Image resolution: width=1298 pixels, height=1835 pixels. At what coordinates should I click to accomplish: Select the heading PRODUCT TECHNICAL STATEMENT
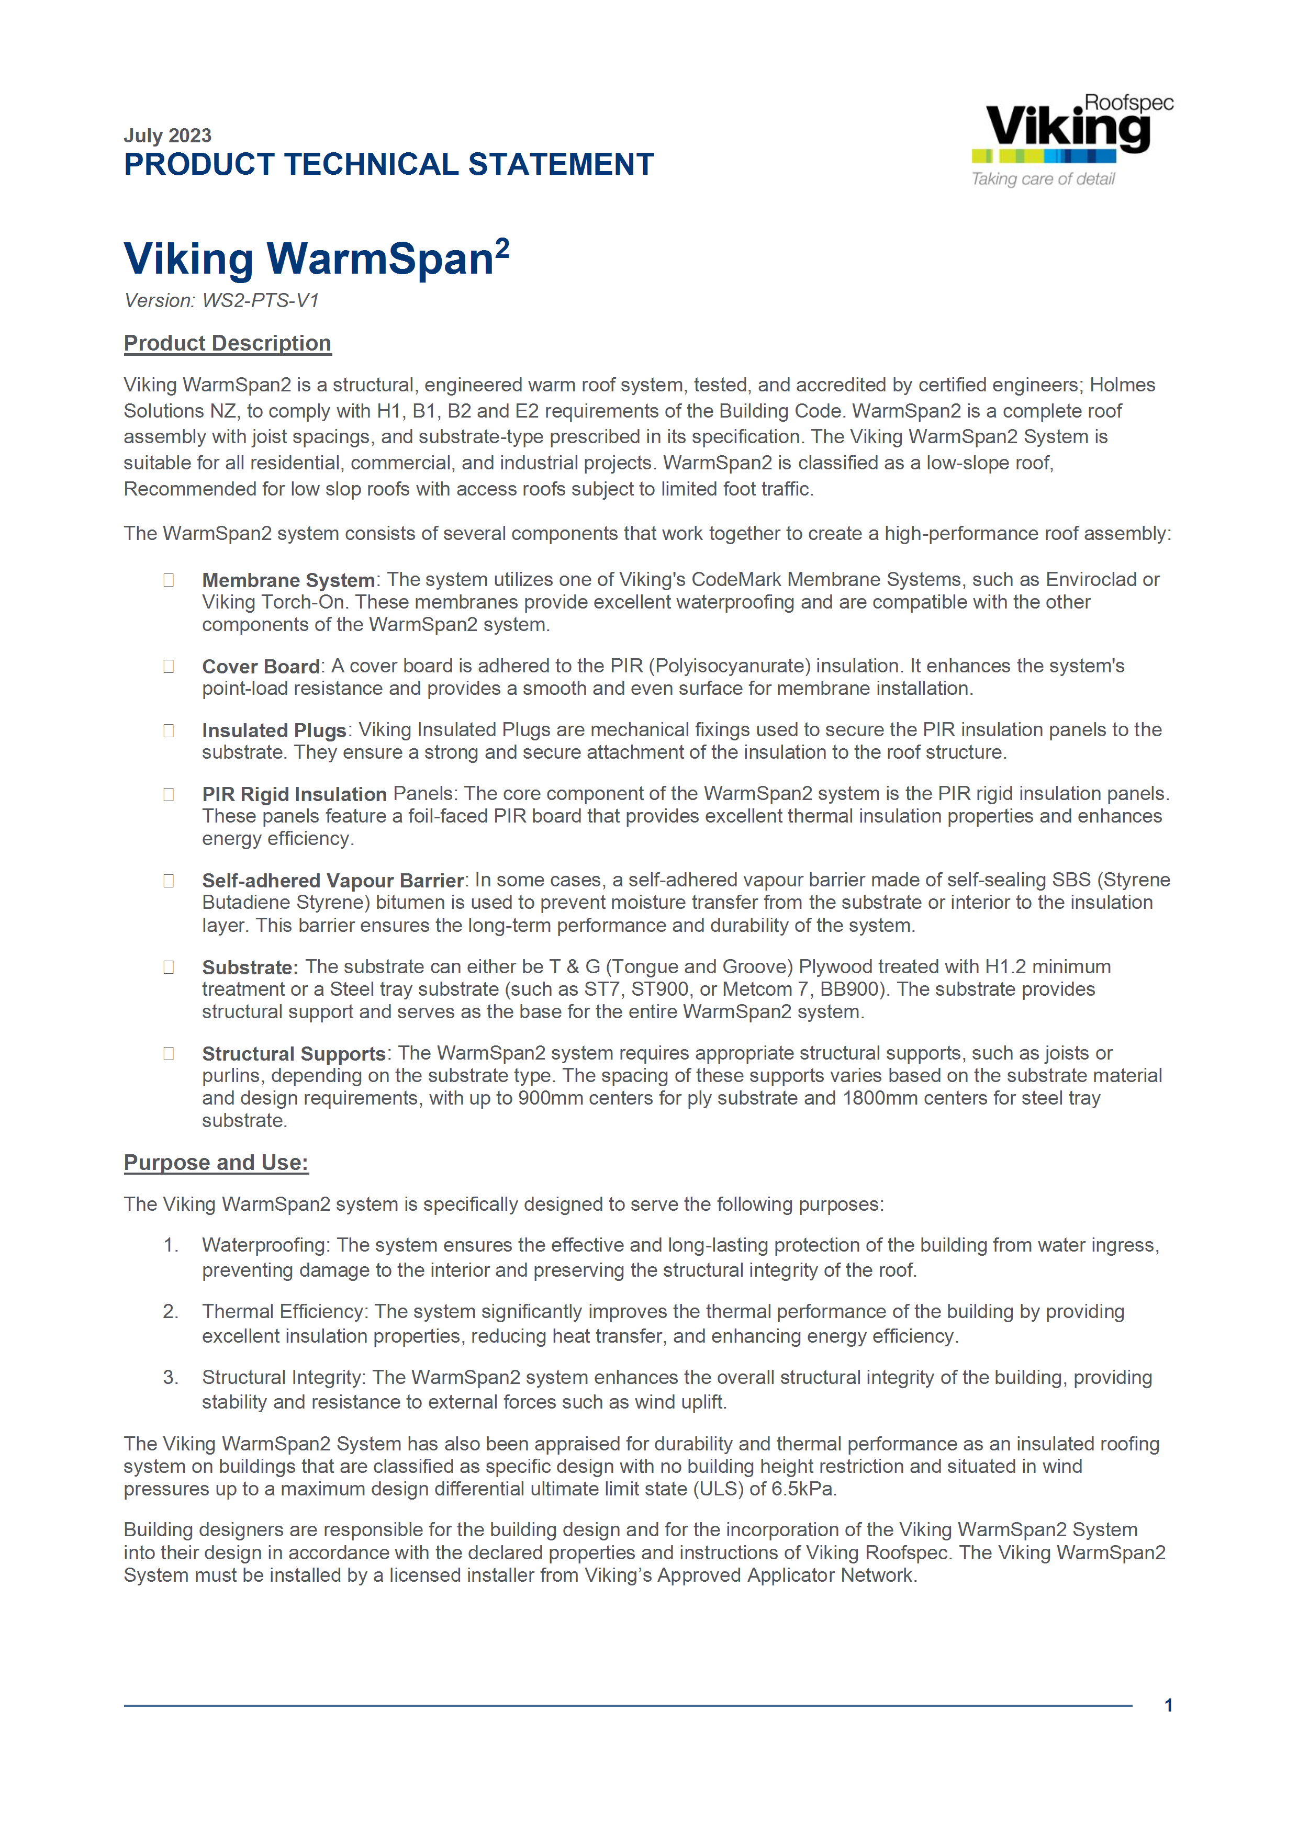click(x=388, y=165)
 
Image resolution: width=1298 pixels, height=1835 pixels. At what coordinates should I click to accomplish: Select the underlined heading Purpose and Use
click(x=216, y=1162)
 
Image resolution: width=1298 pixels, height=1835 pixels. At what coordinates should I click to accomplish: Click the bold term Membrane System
click(x=288, y=580)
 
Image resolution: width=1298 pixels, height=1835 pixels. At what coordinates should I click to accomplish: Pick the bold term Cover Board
click(x=261, y=667)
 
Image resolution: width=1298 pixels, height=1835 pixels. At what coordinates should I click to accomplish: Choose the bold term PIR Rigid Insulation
click(x=294, y=794)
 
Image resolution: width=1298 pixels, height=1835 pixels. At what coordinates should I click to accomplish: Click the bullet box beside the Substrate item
click(x=169, y=967)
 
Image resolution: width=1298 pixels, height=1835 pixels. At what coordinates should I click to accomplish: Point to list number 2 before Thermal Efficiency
click(x=170, y=1312)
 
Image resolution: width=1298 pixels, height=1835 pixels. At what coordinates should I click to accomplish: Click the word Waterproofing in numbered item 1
click(x=264, y=1245)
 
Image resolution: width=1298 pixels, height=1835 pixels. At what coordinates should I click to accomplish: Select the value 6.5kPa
click(x=803, y=1489)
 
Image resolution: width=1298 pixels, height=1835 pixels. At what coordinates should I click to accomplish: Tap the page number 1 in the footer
click(x=1169, y=1706)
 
